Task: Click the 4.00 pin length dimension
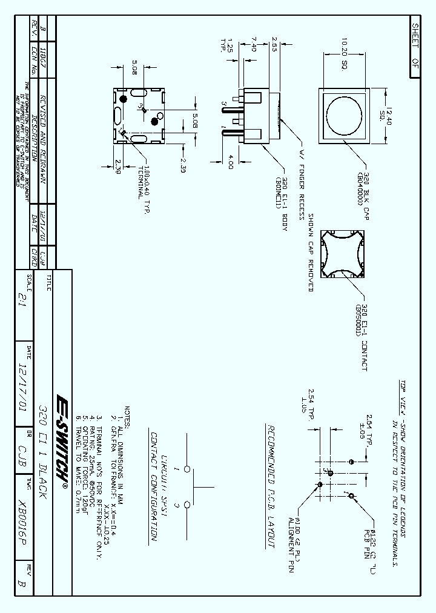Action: [x=231, y=162]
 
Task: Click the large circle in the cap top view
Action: [x=343, y=116]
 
